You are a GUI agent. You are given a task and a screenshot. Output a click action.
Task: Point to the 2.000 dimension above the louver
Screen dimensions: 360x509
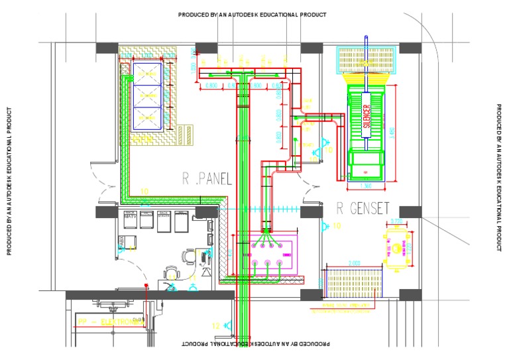[354, 263]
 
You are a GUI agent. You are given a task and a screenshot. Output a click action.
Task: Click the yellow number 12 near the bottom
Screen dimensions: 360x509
[215, 326]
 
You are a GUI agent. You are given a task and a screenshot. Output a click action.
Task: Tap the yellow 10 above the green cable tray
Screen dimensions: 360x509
[144, 192]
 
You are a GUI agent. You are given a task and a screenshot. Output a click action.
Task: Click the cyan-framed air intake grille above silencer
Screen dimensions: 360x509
[368, 60]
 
